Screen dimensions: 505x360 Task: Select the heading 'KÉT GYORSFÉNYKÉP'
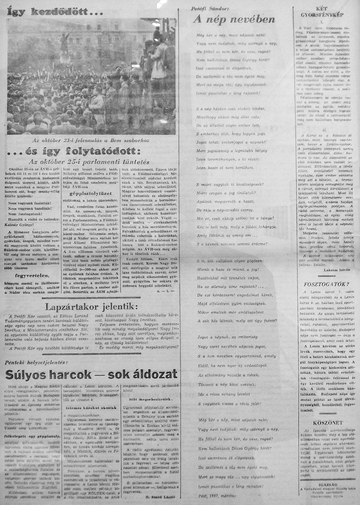[322, 12]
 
